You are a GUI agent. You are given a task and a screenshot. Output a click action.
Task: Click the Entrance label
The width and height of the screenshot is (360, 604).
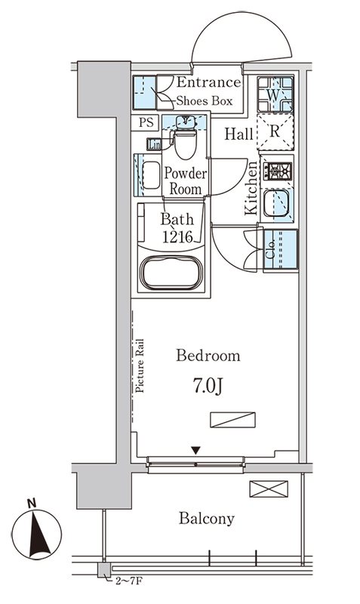tap(209, 82)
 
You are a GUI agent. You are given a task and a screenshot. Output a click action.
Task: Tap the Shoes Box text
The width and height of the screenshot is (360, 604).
tap(205, 101)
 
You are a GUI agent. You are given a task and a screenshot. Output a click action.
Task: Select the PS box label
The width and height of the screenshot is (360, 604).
tap(146, 122)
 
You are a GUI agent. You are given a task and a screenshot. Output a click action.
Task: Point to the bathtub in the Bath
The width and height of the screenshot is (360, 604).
tap(171, 272)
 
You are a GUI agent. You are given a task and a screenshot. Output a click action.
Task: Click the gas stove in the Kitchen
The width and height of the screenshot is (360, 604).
tap(278, 171)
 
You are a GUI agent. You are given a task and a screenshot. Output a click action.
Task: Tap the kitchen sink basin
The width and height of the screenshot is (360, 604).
tap(276, 203)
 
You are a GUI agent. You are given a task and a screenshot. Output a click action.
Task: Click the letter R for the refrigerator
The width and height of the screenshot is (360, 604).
tap(274, 131)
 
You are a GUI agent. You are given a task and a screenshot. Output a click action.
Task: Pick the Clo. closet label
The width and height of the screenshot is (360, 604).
tap(271, 249)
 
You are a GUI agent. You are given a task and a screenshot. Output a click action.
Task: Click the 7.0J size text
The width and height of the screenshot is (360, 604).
tap(208, 387)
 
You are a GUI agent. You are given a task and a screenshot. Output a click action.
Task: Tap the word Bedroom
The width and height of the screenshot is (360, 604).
tap(208, 355)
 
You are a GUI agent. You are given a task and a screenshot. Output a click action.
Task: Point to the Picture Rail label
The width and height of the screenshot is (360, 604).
tap(140, 366)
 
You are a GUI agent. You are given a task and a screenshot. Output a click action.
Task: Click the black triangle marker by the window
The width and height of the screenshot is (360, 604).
tap(196, 450)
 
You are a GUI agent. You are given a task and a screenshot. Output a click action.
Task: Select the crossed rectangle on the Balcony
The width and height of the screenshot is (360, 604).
tap(269, 488)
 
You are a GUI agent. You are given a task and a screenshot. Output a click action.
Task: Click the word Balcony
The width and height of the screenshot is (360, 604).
tap(206, 519)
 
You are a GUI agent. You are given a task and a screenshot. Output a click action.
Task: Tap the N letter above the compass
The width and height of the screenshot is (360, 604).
tap(32, 503)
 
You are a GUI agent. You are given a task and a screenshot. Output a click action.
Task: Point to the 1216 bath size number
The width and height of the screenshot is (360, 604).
tap(177, 236)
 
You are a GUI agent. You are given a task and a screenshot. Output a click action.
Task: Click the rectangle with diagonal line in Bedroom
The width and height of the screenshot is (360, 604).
tap(233, 420)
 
